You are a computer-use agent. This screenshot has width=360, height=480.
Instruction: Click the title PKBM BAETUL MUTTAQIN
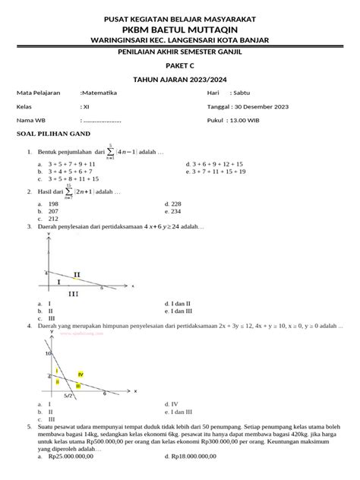(180, 27)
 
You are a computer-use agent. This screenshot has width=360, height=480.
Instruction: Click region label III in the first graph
(74, 293)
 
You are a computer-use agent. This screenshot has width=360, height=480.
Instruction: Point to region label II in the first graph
(77, 273)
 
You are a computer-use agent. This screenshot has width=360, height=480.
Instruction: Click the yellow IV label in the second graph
(80, 375)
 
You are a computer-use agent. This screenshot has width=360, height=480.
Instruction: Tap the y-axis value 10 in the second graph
(47, 354)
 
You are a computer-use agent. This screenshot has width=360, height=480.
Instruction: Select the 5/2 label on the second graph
(69, 396)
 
